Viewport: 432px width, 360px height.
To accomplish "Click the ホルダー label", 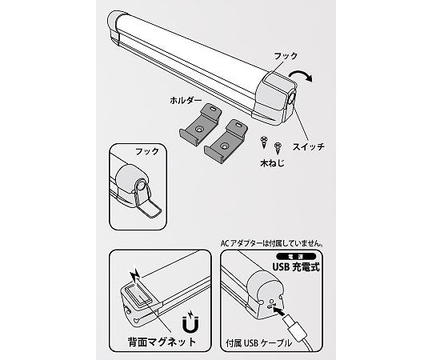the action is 186,101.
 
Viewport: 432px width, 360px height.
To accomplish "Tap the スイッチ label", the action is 309,147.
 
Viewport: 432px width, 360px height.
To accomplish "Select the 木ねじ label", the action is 272,163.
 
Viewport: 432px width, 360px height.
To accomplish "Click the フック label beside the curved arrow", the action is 286,56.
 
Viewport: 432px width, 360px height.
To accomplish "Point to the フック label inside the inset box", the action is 147,151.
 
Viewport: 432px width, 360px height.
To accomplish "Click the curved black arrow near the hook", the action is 301,75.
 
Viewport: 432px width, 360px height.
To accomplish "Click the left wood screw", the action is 264,142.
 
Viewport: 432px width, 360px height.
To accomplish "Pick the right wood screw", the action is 278,148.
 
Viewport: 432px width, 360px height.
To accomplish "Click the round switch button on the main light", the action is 291,100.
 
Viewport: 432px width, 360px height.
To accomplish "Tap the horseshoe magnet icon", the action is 190,324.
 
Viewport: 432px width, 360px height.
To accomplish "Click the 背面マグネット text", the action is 162,342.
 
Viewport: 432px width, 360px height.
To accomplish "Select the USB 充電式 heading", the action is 296,267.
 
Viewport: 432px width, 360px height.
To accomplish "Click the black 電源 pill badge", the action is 296,257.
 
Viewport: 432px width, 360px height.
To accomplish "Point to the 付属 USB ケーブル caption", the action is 258,343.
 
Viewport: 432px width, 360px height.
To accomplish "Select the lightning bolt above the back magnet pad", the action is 135,276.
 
